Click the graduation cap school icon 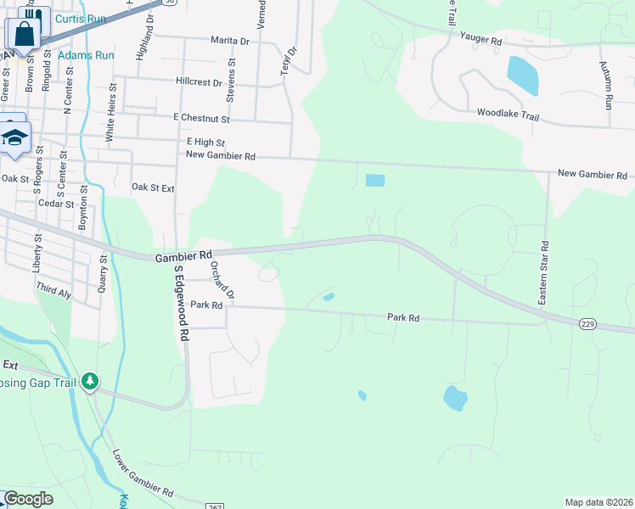click(x=14, y=137)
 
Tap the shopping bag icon click(x=24, y=34)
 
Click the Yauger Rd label click(x=481, y=40)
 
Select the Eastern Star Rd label click(x=544, y=273)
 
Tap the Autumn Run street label click(x=605, y=85)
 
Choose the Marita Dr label click(x=230, y=41)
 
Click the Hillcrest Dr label click(x=199, y=83)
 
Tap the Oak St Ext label click(x=153, y=187)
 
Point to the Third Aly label click(x=53, y=291)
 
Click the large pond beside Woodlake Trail click(x=523, y=76)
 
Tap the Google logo click(x=29, y=499)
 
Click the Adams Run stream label click(x=86, y=55)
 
